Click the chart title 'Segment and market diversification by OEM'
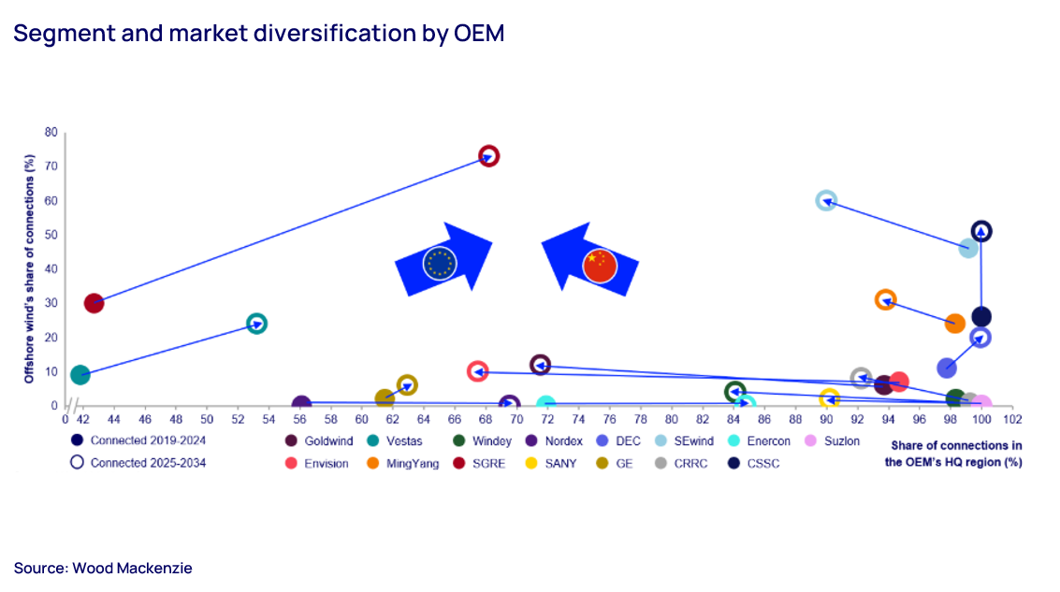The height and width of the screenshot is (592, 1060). [258, 35]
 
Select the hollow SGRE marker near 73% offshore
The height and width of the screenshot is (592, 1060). [488, 156]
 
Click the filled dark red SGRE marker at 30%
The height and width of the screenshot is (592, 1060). [94, 303]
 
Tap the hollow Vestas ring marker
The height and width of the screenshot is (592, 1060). [256, 324]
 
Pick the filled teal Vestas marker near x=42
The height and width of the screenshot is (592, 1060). [80, 375]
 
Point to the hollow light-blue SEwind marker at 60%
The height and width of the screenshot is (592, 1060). [825, 201]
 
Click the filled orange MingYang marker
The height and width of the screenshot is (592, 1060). [955, 324]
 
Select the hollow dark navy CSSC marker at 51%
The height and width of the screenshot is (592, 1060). [981, 231]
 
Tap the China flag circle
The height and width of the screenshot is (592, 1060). [599, 266]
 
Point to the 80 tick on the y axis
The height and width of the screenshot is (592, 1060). [51, 133]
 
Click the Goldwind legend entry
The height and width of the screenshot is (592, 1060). [319, 441]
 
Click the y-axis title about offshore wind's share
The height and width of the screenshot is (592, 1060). [29, 270]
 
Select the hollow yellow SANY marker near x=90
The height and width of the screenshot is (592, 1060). [829, 400]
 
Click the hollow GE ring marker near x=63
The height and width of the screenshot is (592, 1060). [407, 385]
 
